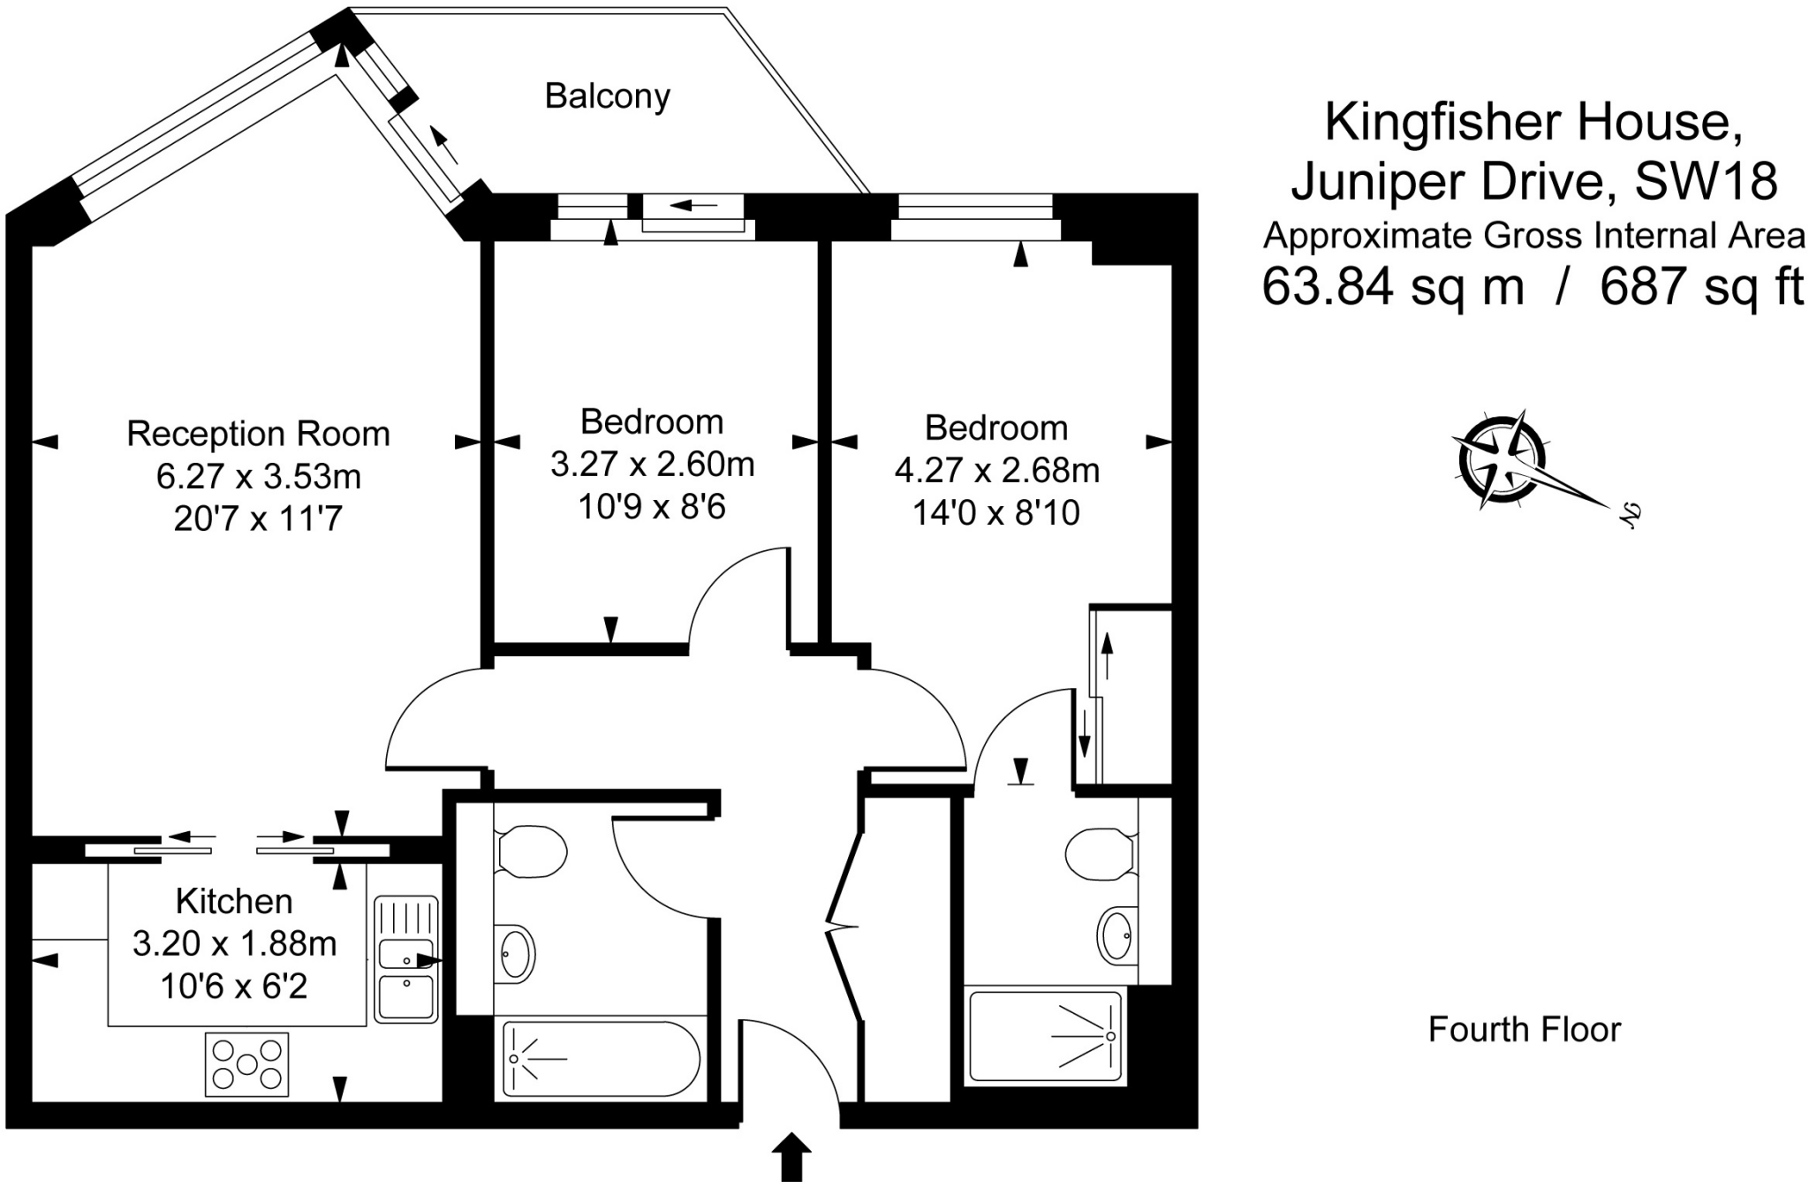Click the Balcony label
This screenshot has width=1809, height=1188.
[607, 96]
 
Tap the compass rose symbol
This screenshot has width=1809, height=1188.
[1502, 460]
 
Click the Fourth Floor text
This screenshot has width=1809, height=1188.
[1525, 1030]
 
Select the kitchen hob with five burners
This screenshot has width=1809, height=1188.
[247, 1064]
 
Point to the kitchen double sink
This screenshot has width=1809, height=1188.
[406, 959]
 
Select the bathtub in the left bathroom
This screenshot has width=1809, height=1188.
[602, 1059]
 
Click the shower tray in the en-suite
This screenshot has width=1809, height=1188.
[1046, 1036]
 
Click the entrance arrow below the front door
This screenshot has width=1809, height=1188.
[792, 1157]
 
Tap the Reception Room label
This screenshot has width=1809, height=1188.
[258, 434]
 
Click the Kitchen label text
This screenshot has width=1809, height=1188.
[234, 901]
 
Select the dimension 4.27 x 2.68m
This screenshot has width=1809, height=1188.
[997, 470]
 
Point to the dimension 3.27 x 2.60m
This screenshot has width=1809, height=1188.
[653, 464]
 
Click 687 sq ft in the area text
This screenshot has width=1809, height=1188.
[1701, 286]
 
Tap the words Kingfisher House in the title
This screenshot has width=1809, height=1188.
[1533, 122]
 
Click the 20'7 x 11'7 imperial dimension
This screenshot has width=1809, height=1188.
[258, 518]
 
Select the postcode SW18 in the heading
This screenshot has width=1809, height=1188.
[1706, 181]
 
